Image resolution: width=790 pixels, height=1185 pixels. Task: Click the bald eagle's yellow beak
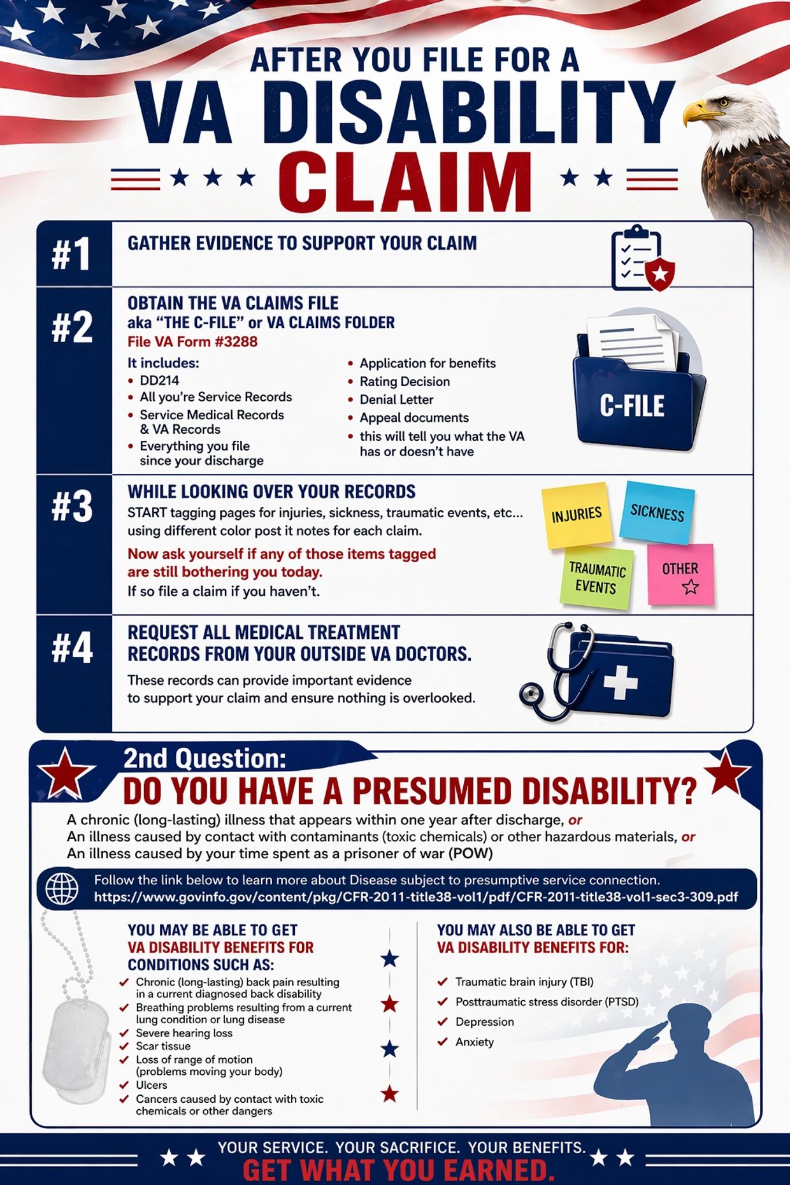(x=701, y=112)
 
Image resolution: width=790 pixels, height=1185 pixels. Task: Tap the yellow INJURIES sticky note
(x=577, y=515)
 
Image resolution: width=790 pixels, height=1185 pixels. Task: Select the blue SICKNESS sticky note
(x=657, y=512)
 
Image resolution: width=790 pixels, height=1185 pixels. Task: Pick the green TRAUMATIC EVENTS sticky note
(x=596, y=578)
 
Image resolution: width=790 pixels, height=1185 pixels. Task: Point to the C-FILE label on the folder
(x=632, y=406)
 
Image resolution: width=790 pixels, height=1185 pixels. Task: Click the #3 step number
(x=72, y=506)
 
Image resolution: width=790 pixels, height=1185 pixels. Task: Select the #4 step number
(x=72, y=648)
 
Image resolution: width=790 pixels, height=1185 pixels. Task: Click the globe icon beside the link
(x=62, y=888)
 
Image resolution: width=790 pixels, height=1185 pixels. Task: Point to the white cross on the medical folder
(x=621, y=682)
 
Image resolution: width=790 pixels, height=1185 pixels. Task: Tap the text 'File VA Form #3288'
(x=192, y=342)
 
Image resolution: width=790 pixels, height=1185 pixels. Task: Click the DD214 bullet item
(x=159, y=380)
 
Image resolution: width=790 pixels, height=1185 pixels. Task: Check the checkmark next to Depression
(x=442, y=1021)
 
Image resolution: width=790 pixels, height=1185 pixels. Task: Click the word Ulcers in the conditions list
(x=152, y=1085)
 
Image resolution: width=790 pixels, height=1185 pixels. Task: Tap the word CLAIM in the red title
(x=405, y=181)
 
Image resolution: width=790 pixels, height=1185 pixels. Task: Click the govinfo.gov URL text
(x=416, y=897)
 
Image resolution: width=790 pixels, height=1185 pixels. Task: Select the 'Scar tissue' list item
(x=163, y=1046)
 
